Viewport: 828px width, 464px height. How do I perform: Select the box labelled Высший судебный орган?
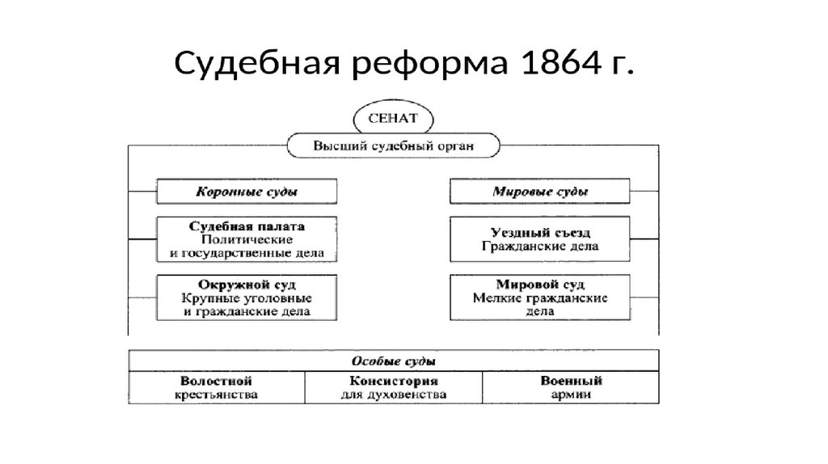click(x=394, y=146)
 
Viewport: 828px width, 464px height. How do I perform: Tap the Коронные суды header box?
click(x=246, y=192)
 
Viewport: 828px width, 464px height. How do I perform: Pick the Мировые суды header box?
click(x=540, y=192)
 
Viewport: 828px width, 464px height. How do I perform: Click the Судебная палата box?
click(x=246, y=238)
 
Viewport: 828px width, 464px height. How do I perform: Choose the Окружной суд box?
click(x=246, y=297)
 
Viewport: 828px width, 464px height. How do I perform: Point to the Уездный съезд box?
click(x=540, y=238)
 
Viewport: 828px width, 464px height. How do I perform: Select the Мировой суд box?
click(x=540, y=297)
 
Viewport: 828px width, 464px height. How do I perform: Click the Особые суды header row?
click(x=394, y=361)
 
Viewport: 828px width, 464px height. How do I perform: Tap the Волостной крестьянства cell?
click(x=216, y=387)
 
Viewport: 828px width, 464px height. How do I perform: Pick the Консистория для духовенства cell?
click(x=394, y=387)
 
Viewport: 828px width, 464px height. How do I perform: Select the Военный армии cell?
click(x=571, y=387)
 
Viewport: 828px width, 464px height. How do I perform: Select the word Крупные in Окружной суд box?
click(x=203, y=297)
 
